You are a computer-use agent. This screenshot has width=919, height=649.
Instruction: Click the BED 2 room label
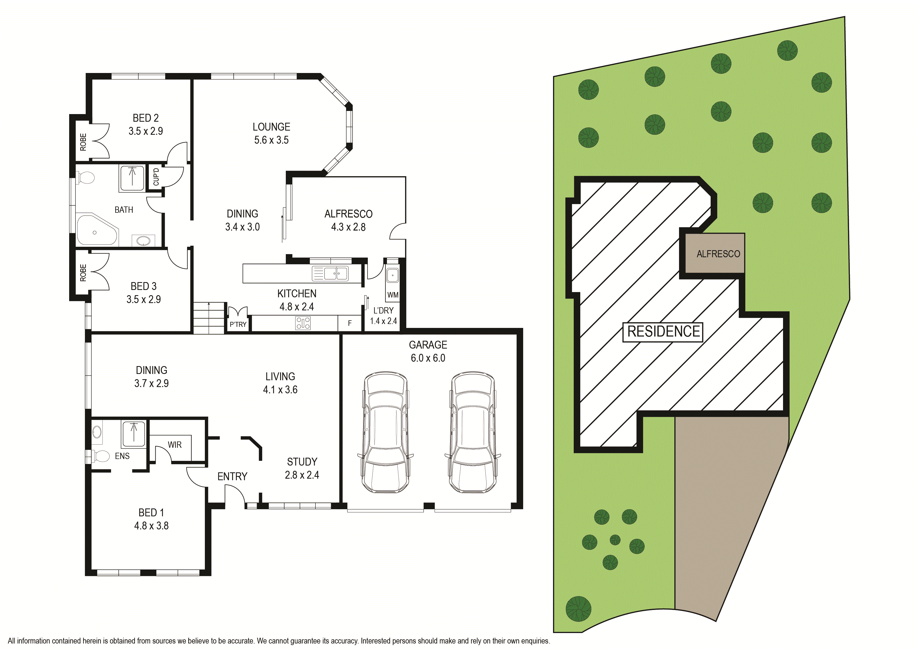(146, 118)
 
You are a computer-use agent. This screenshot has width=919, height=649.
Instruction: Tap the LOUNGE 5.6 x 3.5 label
(271, 133)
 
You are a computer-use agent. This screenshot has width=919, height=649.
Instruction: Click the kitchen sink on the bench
(330, 273)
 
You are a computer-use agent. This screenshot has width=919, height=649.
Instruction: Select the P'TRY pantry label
(238, 324)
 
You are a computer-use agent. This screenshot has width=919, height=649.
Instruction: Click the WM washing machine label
(393, 295)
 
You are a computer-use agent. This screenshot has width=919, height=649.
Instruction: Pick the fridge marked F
(350, 323)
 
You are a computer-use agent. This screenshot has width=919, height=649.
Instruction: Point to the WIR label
(174, 445)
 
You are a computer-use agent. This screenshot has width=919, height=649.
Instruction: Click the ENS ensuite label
(122, 456)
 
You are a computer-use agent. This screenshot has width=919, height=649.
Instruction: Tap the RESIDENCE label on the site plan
(664, 332)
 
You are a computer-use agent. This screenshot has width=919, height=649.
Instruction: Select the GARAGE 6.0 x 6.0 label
(428, 351)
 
